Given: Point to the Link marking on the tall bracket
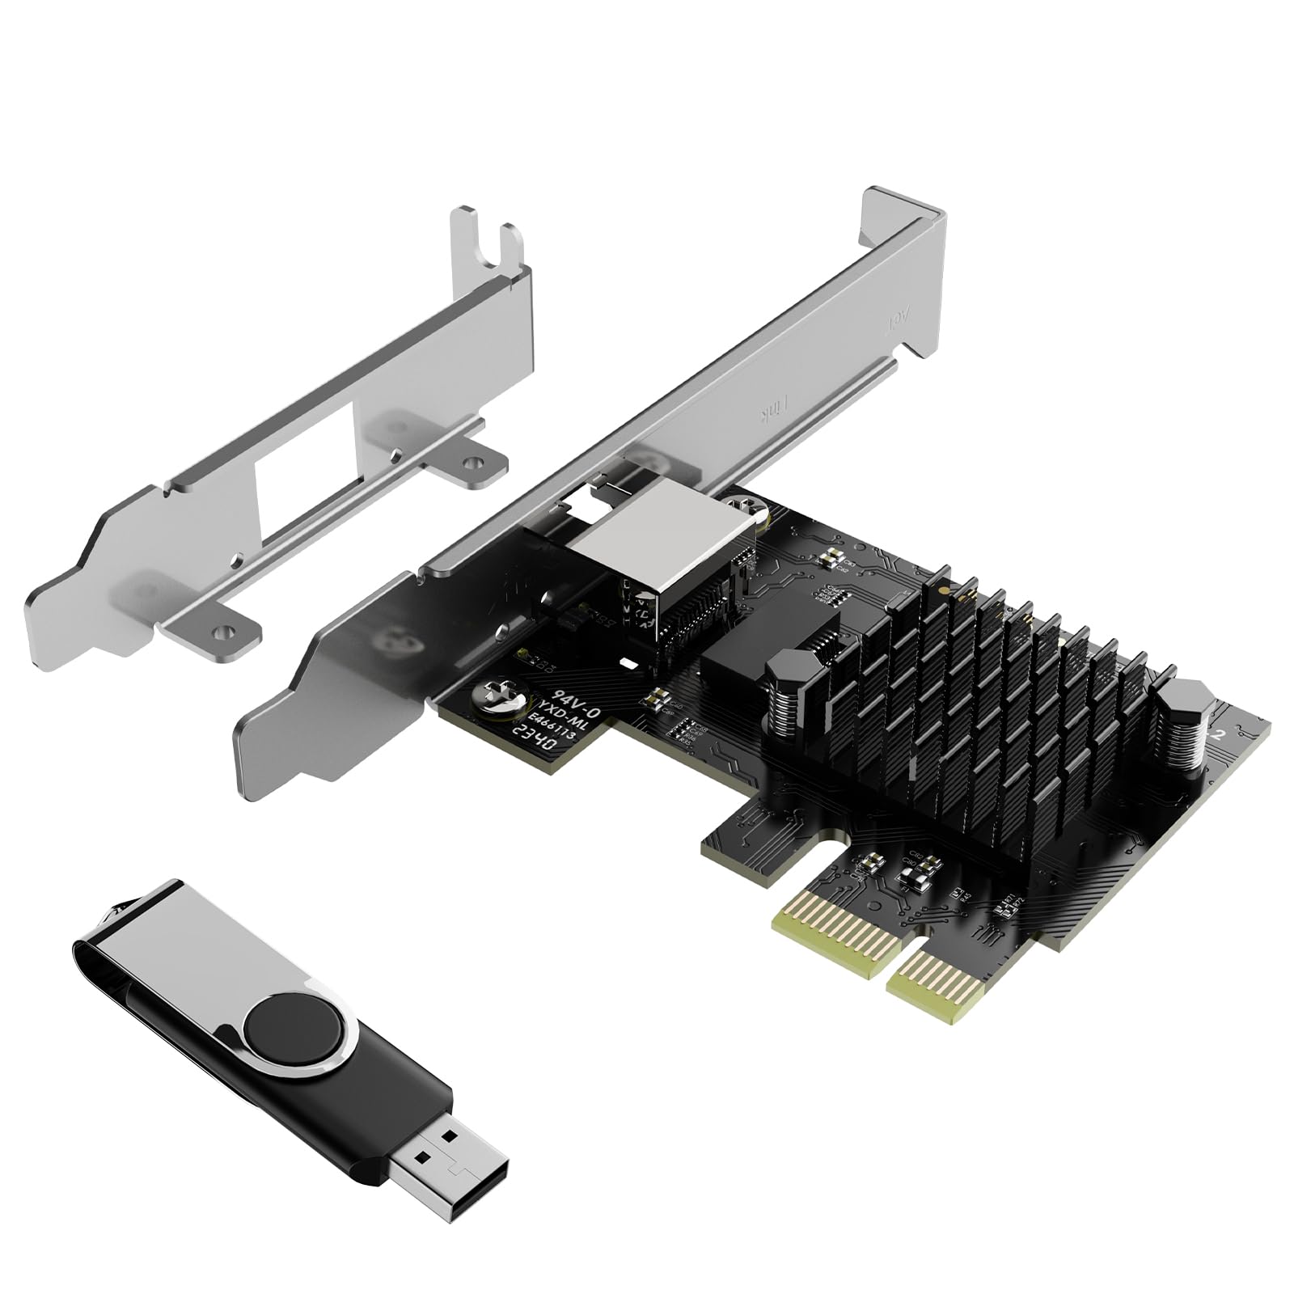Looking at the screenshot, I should tap(769, 417).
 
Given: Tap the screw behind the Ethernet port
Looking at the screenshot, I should tap(748, 506).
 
